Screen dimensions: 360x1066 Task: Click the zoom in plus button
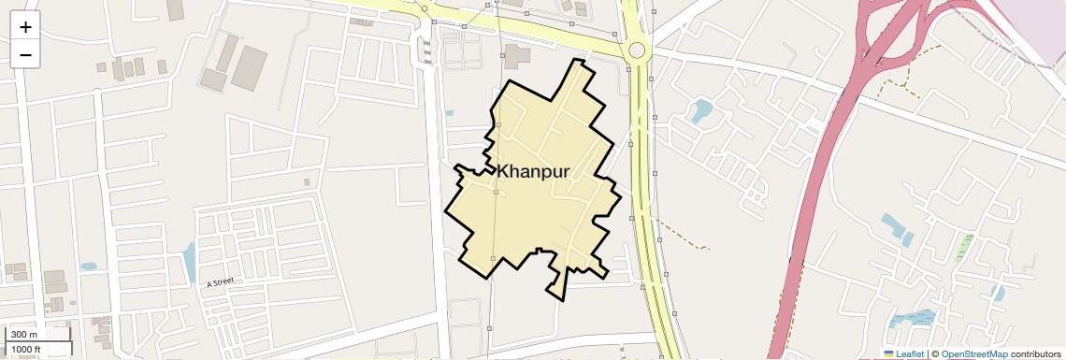[x=25, y=27]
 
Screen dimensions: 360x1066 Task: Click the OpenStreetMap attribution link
[x=973, y=353]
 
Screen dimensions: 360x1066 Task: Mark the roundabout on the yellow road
[x=637, y=50]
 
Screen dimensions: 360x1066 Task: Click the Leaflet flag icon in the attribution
[x=889, y=353]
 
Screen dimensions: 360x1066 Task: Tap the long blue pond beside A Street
[x=190, y=263]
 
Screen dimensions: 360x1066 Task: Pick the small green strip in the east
[x=964, y=247]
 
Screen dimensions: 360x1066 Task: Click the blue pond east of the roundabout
[x=700, y=112]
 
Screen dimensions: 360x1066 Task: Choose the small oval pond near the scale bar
[x=89, y=266]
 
